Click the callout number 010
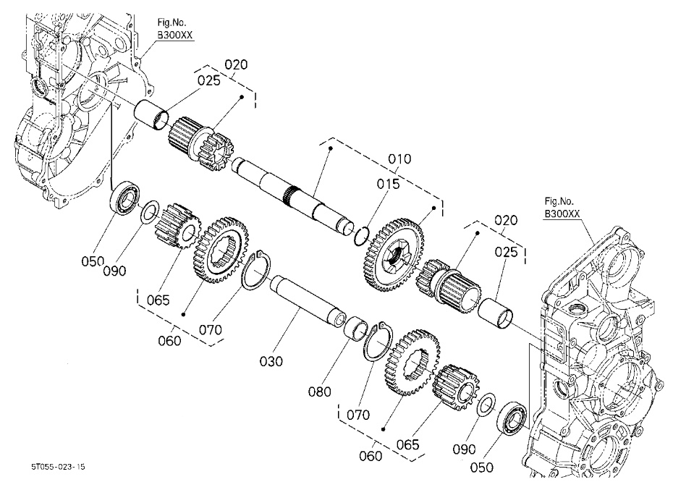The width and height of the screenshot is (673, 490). coord(399,159)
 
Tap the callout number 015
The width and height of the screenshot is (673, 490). coord(387,185)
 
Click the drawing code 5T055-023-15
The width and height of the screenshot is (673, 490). coord(58,468)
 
